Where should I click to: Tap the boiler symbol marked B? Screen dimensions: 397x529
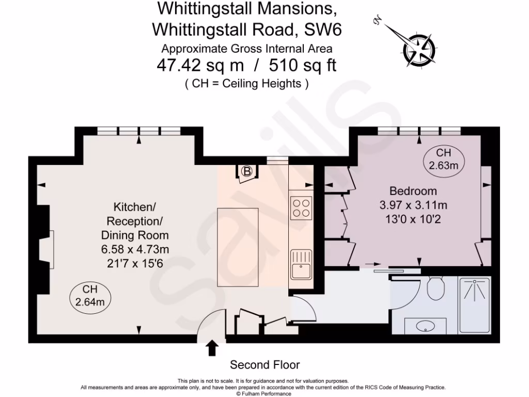(247, 172)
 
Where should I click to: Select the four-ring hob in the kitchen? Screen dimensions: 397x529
(300, 208)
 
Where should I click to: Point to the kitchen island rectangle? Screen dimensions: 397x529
(238, 247)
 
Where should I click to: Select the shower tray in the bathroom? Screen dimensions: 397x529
(474, 305)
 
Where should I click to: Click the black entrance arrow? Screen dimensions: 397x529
(212, 348)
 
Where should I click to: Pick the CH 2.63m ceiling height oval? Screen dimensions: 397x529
(444, 159)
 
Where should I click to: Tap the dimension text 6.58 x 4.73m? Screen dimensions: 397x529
(135, 249)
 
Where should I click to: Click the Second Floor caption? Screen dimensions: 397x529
(264, 365)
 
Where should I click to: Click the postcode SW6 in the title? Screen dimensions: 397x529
(323, 29)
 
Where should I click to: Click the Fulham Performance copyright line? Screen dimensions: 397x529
(264, 393)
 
